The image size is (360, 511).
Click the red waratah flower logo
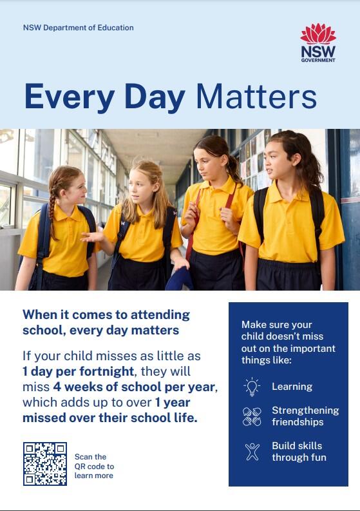(318, 34)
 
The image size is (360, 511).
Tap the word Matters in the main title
(256, 97)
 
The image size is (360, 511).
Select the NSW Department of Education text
(78, 28)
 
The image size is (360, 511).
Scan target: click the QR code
(45, 464)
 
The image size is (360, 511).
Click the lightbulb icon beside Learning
(252, 387)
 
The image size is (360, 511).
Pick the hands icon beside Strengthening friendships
(252, 416)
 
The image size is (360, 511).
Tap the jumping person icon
(252, 451)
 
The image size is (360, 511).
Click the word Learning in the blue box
(292, 387)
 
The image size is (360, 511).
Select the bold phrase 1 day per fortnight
(78, 372)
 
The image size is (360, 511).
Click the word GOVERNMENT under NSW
(318, 61)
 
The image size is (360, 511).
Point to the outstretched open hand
(91, 237)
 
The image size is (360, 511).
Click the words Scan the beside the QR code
(91, 457)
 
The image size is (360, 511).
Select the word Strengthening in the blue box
(305, 410)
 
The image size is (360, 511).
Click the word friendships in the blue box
(298, 422)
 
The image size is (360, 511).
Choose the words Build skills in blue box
(297, 445)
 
